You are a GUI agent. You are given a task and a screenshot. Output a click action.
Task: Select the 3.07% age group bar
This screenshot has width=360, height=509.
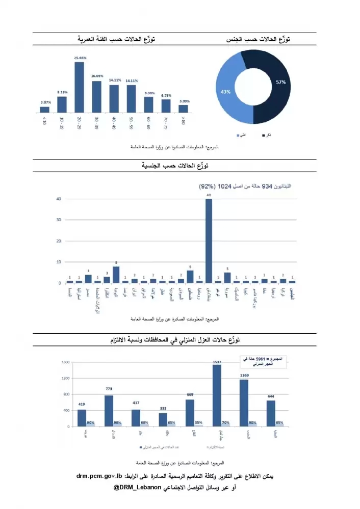tap(45, 109)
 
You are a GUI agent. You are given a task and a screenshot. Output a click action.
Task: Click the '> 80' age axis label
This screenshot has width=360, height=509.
tap(183, 120)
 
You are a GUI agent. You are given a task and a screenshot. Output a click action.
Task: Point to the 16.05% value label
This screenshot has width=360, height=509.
tap(97, 76)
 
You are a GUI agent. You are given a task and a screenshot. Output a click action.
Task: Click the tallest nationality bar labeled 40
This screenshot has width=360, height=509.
tap(209, 239)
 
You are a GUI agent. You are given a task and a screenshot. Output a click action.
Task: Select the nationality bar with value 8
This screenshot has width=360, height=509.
tap(116, 274)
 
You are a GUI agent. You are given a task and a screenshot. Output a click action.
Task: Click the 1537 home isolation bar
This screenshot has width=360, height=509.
tap(217, 395)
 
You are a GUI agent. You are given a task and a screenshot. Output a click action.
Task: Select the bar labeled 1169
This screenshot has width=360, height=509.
tap(244, 403)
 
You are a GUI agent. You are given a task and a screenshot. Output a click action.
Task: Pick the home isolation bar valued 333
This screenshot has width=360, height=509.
tap(163, 419)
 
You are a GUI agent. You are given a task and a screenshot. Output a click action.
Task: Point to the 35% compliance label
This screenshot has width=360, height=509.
tap(199, 423)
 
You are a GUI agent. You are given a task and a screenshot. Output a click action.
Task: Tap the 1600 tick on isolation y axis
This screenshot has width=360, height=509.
tap(66, 362)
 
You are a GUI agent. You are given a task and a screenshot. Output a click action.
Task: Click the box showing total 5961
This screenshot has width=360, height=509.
tap(263, 361)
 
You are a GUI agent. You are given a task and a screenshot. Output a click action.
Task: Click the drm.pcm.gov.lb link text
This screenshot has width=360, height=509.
tap(100, 476)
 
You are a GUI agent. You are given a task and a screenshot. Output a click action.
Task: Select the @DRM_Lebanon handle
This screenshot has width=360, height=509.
tap(137, 487)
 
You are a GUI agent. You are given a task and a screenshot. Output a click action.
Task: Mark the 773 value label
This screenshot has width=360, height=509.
tap(109, 389)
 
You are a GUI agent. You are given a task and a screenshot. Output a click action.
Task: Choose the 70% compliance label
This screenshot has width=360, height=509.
tap(226, 423)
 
